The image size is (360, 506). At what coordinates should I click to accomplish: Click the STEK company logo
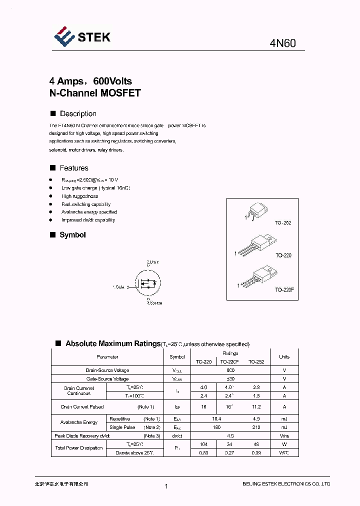82,36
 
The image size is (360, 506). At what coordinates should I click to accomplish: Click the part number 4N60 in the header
282,43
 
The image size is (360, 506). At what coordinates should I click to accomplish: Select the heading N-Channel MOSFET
95,93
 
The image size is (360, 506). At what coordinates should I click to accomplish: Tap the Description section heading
77,114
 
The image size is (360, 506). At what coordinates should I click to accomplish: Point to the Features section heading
73,168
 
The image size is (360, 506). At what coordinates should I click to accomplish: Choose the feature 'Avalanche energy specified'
89,212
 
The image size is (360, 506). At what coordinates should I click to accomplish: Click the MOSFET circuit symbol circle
147,283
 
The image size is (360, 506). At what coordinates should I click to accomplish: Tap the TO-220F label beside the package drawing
282,290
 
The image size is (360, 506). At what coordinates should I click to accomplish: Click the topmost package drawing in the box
255,212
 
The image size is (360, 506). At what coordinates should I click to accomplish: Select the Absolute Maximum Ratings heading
112,343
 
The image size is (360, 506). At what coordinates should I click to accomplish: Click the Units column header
284,357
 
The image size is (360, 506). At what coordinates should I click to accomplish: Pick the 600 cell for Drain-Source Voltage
230,370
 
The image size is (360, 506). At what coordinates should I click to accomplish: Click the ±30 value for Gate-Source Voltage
230,378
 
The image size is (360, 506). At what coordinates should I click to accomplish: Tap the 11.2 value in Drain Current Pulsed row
256,407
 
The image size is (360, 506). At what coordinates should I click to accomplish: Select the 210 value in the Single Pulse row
256,427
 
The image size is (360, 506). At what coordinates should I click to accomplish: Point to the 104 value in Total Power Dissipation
203,444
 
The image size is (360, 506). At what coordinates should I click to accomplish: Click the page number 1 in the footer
166,486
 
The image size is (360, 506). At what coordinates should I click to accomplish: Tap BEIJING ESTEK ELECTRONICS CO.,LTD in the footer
286,484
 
